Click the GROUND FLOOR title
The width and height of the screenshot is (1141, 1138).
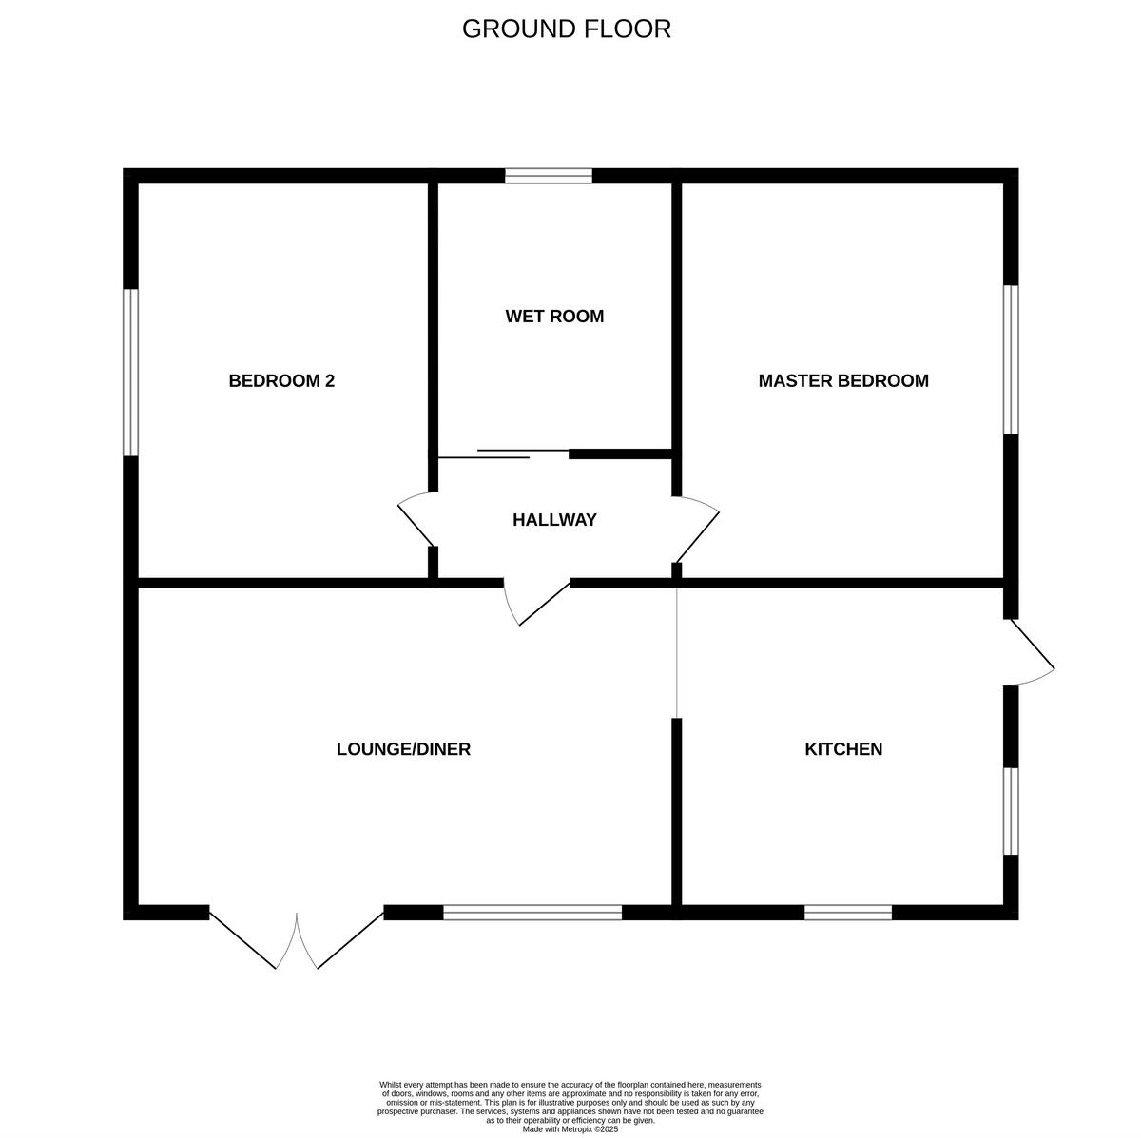tap(567, 29)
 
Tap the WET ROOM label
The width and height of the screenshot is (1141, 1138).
tap(554, 317)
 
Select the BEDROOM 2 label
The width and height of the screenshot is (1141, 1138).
tap(281, 381)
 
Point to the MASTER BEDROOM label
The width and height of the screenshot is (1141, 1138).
tap(843, 381)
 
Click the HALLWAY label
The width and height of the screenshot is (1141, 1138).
tap(554, 520)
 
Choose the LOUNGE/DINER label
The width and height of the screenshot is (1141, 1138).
tap(403, 749)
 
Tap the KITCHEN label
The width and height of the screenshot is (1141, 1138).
tap(843, 749)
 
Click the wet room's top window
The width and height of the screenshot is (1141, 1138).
tap(549, 176)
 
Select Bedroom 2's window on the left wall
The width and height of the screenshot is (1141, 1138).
tap(131, 372)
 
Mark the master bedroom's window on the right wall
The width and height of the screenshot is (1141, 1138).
tap(1011, 359)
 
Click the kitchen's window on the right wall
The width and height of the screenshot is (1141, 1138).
tap(1011, 811)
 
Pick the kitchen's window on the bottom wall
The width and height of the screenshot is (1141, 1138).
tap(848, 913)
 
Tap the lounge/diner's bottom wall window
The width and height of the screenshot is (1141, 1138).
tap(532, 913)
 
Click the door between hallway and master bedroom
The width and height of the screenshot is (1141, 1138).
tap(696, 528)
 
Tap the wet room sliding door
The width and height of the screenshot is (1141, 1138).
tap(504, 453)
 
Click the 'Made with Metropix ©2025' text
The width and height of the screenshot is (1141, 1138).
tap(570, 1129)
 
